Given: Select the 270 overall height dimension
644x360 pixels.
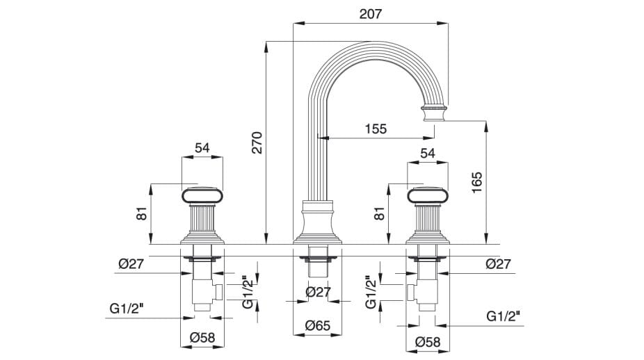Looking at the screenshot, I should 256,143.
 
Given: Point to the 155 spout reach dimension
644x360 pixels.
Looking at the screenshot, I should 375,129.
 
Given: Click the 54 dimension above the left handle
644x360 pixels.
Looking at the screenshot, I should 202,148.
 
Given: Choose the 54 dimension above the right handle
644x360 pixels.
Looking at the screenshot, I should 428,153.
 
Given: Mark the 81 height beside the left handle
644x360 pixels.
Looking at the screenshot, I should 142,213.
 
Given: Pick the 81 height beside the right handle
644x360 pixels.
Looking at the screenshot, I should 380,213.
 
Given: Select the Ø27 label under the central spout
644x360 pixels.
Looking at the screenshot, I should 317,293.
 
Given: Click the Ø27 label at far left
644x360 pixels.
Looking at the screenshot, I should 131,263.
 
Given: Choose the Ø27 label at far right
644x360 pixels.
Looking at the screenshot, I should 499,263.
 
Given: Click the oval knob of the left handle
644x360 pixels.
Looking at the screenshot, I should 202,196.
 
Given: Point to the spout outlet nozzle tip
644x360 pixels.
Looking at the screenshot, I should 433,113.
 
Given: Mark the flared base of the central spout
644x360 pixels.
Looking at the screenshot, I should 317,226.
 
